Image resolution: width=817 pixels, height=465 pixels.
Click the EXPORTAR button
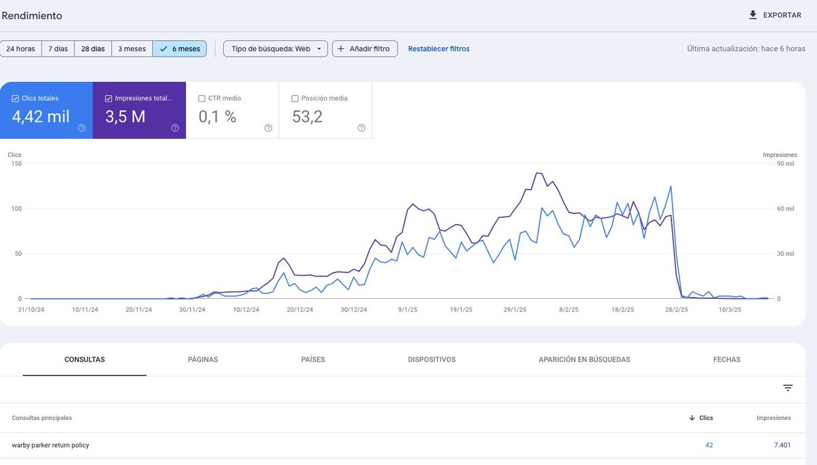[x=775, y=15]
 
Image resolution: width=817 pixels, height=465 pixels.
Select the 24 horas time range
[x=20, y=49]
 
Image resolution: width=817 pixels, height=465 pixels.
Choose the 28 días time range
[x=93, y=49]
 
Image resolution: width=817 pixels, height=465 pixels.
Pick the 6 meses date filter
[x=180, y=49]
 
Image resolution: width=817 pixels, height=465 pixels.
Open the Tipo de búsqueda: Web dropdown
[x=275, y=49]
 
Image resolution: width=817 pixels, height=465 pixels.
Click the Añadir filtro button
[x=364, y=49]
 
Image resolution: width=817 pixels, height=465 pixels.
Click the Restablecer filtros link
[x=438, y=49]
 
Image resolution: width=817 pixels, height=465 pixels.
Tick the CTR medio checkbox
[x=202, y=99]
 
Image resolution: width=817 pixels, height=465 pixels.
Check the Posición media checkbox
[x=295, y=99]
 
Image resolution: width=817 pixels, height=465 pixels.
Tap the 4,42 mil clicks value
[x=41, y=117]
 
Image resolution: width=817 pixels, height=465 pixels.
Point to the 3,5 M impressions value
[x=125, y=117]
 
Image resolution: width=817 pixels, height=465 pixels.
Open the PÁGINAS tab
[x=203, y=359]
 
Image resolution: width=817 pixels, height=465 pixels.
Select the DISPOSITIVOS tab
[x=432, y=359]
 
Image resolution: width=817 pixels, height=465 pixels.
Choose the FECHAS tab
[x=726, y=359]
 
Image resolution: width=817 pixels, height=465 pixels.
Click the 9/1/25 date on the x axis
[x=407, y=310]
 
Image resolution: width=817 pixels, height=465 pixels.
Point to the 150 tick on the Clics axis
[x=16, y=163]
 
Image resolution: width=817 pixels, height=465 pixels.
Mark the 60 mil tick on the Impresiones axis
[x=785, y=209]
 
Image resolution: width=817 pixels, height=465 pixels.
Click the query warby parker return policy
[x=50, y=445]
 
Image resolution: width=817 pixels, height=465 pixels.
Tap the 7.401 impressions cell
[x=782, y=445]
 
